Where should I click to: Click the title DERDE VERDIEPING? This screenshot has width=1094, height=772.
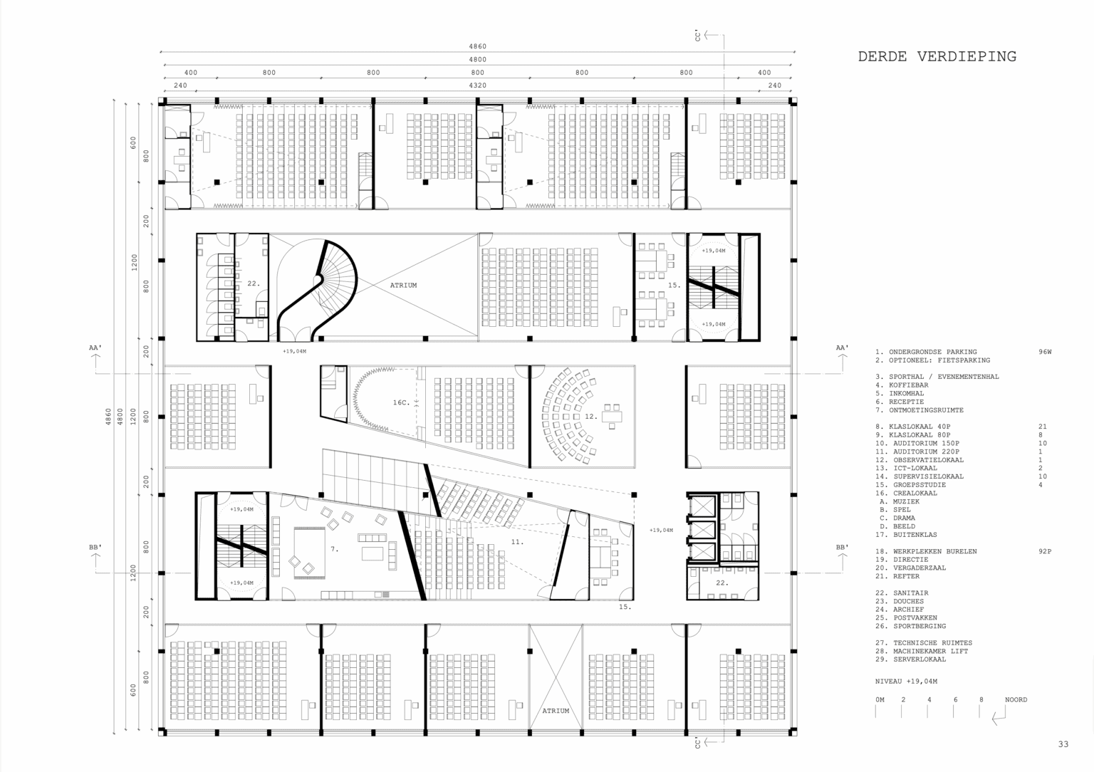coord(937,57)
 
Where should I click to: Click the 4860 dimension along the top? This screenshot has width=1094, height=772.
coord(478,46)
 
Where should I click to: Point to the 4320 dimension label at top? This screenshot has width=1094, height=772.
coord(478,85)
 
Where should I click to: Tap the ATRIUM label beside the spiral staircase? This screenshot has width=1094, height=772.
coord(403,285)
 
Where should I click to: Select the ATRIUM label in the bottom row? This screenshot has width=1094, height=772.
coord(556,711)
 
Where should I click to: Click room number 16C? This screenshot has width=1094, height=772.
coord(401,402)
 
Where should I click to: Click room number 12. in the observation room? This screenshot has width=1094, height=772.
coord(591,417)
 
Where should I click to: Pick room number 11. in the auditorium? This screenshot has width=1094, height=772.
coord(517,541)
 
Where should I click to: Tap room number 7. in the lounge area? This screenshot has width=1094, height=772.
coord(335,549)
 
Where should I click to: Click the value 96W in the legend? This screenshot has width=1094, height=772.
coord(1045,352)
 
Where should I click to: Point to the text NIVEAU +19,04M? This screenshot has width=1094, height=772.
coord(906,681)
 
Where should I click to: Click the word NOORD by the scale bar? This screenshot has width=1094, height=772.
coord(1016,700)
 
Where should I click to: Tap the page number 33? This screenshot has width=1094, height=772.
coord(1063,744)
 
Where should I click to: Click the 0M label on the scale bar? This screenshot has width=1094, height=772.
coord(880,700)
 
